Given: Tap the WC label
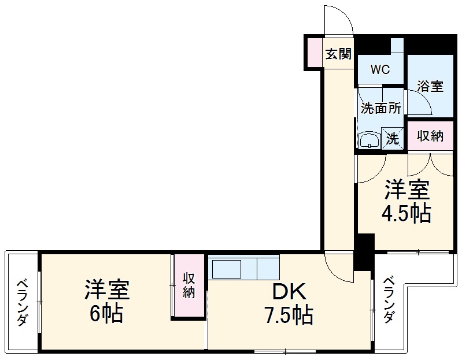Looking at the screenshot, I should point(380,70).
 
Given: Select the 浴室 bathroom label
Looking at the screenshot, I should point(430,86).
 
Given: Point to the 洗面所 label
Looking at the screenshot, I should point(380,107).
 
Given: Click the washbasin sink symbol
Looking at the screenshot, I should point(368,140).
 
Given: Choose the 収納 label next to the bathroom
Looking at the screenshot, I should point(430,136).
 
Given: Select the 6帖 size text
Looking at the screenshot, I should point(106,314).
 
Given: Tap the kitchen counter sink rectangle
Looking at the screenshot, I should point(227,269).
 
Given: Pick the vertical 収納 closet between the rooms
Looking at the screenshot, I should point(189,285).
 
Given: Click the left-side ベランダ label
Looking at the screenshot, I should point(21,302).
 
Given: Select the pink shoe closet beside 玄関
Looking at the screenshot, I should point(314,52).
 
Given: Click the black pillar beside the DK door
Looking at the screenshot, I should point(365,252).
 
